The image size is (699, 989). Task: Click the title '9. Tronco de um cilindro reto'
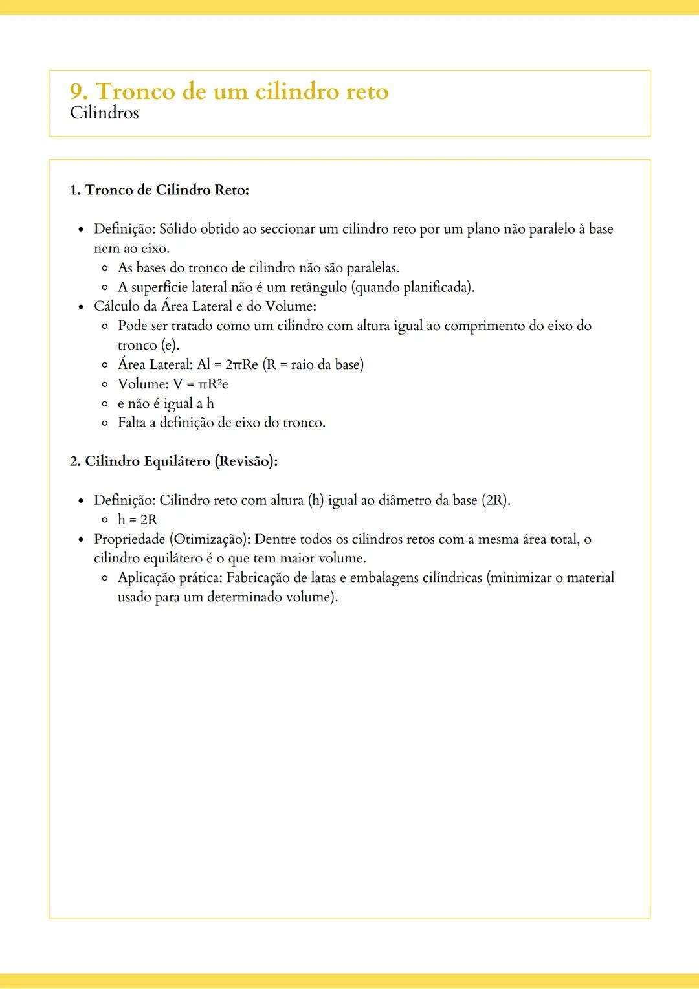coord(229,91)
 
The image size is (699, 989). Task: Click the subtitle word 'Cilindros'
coord(104,113)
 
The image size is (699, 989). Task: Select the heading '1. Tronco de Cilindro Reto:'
coord(159,190)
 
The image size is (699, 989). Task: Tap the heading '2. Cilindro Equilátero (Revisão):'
coord(173,461)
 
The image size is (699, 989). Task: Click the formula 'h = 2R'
coord(137,520)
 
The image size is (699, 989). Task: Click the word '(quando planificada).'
coord(413,287)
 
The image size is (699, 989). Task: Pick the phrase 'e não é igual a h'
coord(166,404)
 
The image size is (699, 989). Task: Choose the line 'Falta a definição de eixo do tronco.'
coord(221,423)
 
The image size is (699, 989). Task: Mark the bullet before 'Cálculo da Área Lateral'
coord(81,307)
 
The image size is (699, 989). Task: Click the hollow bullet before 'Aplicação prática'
coord(105,578)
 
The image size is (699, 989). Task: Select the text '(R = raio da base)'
coord(313,365)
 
